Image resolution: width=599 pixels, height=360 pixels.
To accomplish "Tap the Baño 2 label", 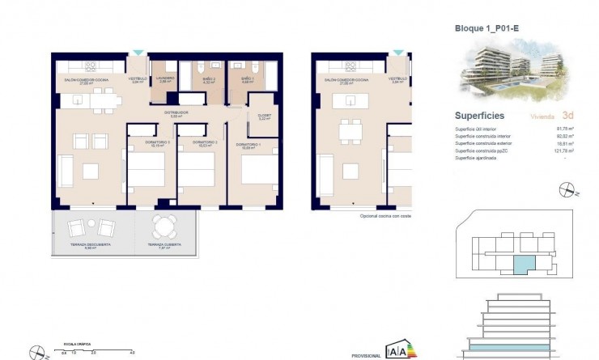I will pyautogui.click(x=208, y=79).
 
